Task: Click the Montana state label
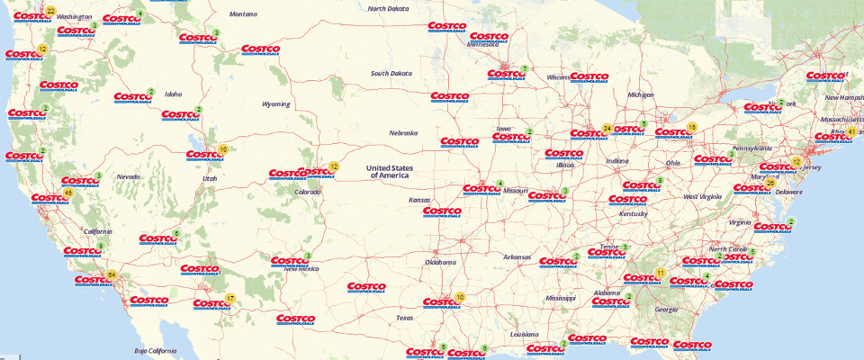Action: click(x=242, y=14)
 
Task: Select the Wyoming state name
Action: click(x=275, y=103)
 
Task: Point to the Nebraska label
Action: click(x=403, y=133)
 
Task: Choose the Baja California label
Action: click(x=153, y=350)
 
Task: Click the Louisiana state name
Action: click(x=524, y=334)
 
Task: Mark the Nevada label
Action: click(x=128, y=176)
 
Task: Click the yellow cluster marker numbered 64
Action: click(x=112, y=274)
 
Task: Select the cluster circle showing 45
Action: click(x=68, y=193)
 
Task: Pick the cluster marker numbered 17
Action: click(x=230, y=298)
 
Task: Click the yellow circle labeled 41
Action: click(x=851, y=131)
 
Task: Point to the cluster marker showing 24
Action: click(x=607, y=129)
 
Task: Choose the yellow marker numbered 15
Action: click(x=691, y=127)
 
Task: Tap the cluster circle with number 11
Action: click(x=660, y=273)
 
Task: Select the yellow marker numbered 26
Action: click(x=770, y=183)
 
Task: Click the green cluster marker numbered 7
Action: click(x=524, y=68)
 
